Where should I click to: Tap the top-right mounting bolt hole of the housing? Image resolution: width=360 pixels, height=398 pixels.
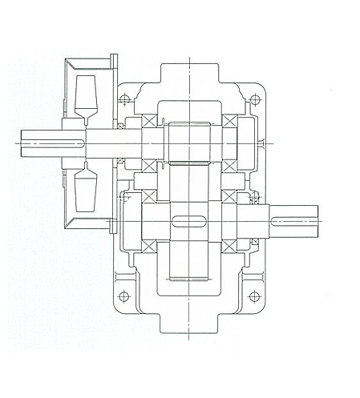pyautogui.click(x=255, y=100)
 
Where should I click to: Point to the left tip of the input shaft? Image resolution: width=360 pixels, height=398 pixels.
pyautogui.click(x=18, y=143)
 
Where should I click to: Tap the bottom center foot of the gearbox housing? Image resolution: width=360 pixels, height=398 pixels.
pyautogui.click(x=189, y=324)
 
